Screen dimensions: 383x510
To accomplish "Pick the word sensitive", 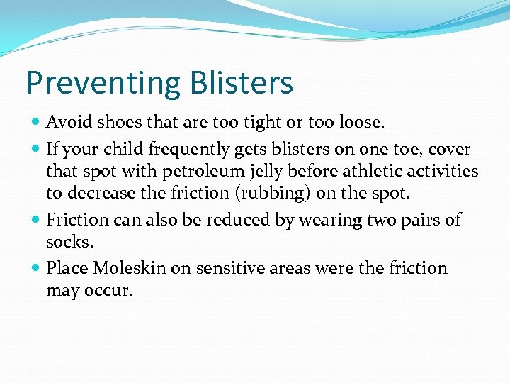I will click(232, 267).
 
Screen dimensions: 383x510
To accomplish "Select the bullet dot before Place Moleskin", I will click(36, 268).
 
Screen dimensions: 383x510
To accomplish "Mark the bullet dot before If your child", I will click(36, 149).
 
